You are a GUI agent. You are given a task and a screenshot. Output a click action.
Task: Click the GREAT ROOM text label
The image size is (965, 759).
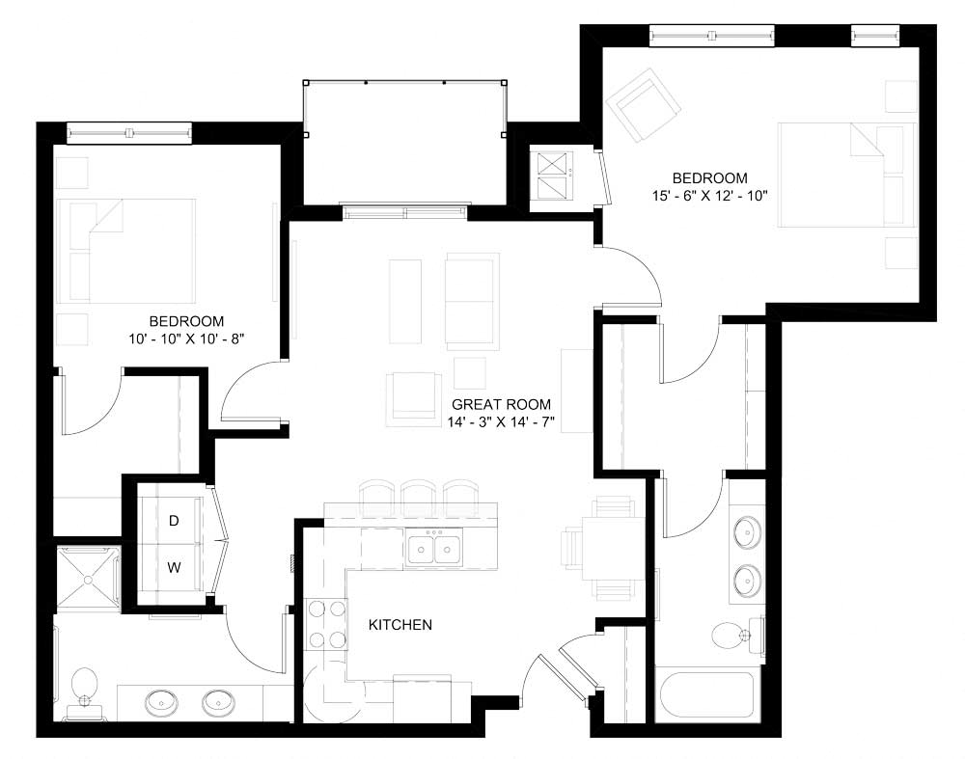coord(501,405)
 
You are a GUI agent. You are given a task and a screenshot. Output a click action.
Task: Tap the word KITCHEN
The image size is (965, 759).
coord(400,625)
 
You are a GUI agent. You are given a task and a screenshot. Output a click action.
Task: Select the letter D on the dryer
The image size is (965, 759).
coord(175,521)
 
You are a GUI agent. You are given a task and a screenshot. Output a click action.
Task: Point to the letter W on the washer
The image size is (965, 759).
coord(175,568)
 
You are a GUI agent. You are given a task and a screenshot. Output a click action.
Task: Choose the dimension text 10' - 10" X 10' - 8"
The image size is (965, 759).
coord(186,339)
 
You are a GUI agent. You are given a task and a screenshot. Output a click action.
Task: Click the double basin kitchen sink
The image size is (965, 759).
coord(433,549)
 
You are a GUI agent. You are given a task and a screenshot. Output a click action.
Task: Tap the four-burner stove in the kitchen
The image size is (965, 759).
coord(326,624)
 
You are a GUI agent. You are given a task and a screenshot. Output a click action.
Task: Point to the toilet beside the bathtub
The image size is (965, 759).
coord(731,635)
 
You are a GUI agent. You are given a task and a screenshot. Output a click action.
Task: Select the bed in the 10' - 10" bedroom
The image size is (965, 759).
coord(126,248)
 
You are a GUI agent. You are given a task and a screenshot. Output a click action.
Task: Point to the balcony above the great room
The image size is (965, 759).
coord(404,143)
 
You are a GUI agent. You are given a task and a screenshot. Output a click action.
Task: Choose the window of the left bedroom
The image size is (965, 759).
coord(128,130)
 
